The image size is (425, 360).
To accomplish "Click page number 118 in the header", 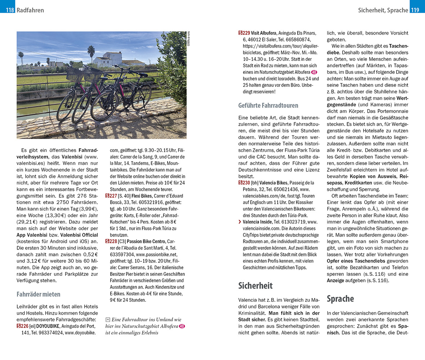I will pos(10,10).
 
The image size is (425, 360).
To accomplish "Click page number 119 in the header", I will pos(415,10).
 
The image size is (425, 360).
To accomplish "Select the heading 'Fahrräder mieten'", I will pos(38,294).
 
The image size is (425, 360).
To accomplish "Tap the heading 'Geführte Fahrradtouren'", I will pos(268,105).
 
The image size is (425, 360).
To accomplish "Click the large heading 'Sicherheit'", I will pos(255,285).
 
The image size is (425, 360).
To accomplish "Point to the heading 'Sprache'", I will pos(340,298).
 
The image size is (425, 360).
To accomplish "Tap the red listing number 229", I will pos(244,33).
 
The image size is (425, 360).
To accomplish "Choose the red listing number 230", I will pos(244,183).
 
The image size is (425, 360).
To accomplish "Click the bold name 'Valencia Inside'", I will pos(258,222).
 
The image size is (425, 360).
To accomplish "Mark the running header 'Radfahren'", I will pos(30,10).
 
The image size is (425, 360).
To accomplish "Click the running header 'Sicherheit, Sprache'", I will pos(383,10).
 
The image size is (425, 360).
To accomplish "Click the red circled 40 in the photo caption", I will pos(182,326).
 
